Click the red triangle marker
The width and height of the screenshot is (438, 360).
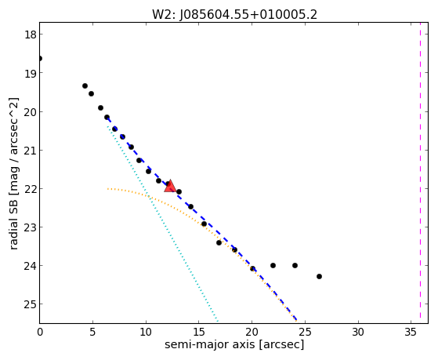pyautogui.click(x=170, y=187)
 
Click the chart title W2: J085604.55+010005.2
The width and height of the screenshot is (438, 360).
pyautogui.click(x=234, y=15)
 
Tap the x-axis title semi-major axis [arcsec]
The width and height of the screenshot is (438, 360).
pyautogui.click(x=234, y=344)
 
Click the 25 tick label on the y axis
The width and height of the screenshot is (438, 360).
pyautogui.click(x=30, y=304)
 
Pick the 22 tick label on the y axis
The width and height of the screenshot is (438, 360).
pyautogui.click(x=30, y=189)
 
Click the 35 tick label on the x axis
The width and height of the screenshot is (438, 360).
pyautogui.click(x=411, y=332)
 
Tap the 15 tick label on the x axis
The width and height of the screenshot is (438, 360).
pyautogui.click(x=198, y=332)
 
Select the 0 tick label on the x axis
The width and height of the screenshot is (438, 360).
pyautogui.click(x=40, y=332)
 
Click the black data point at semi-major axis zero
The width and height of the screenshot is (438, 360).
pyautogui.click(x=40, y=59)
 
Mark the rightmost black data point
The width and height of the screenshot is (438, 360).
pyautogui.click(x=319, y=276)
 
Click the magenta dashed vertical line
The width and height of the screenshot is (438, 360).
pyautogui.click(x=420, y=173)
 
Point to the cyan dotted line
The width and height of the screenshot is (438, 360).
pyautogui.click(x=162, y=224)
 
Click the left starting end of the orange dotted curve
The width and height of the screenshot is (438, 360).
pyautogui.click(x=107, y=189)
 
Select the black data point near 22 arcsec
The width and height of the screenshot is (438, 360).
pyautogui.click(x=273, y=265)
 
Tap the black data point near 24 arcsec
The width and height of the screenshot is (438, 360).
pyautogui.click(x=295, y=265)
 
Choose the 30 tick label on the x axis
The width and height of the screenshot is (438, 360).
pyautogui.click(x=358, y=332)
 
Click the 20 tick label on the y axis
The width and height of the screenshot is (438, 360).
pyautogui.click(x=30, y=112)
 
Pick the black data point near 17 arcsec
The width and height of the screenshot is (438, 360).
pyautogui.click(x=219, y=242)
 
